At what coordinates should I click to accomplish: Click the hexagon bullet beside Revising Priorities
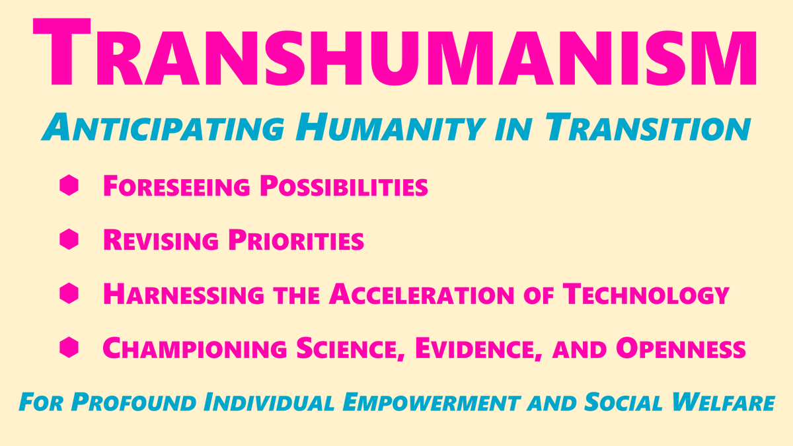point(69,239)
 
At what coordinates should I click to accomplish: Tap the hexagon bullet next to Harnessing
point(69,293)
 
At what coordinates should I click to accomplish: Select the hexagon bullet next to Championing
point(69,347)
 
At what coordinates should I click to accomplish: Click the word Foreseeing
point(176,187)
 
